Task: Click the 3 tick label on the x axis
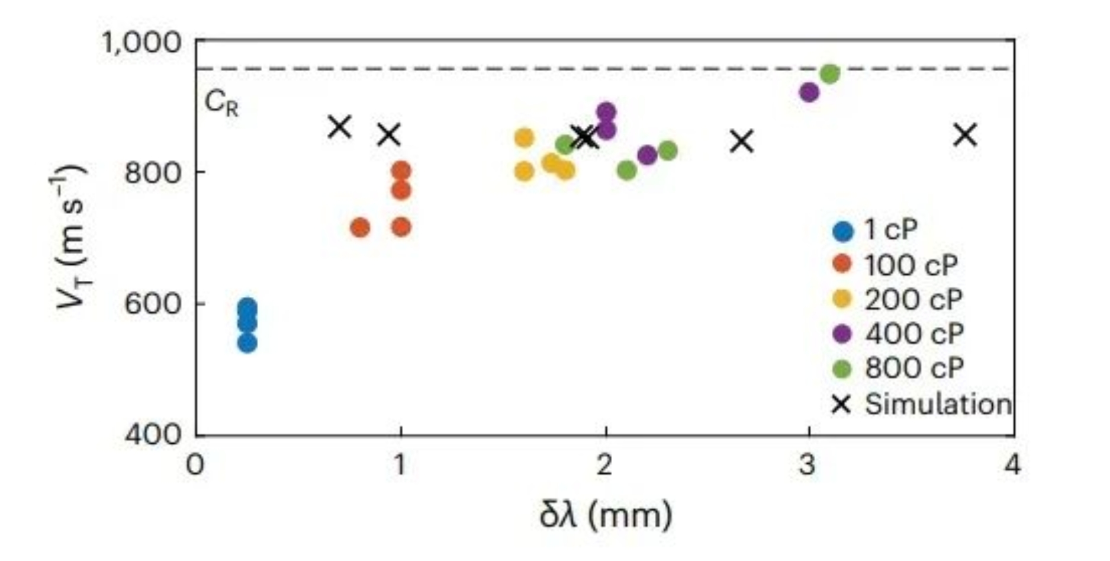807,466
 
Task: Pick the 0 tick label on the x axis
195,466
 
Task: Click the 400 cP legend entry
897,334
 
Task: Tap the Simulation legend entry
921,404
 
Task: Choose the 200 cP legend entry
897,299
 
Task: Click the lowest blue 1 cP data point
247,343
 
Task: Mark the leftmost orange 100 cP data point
360,227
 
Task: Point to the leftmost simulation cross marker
340,126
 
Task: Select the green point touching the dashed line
830,74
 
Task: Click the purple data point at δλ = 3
809,92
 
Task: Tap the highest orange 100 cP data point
401,171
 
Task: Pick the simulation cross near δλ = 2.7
742,141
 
